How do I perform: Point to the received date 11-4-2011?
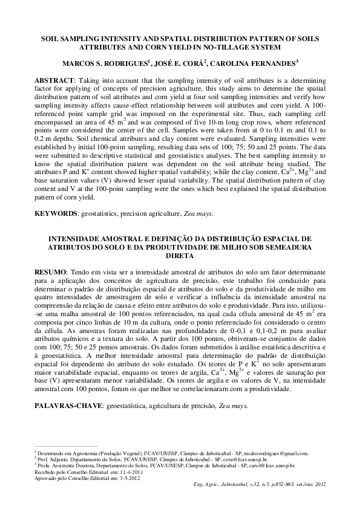(x=129, y=472)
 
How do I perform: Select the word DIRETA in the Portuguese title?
(x=180, y=255)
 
